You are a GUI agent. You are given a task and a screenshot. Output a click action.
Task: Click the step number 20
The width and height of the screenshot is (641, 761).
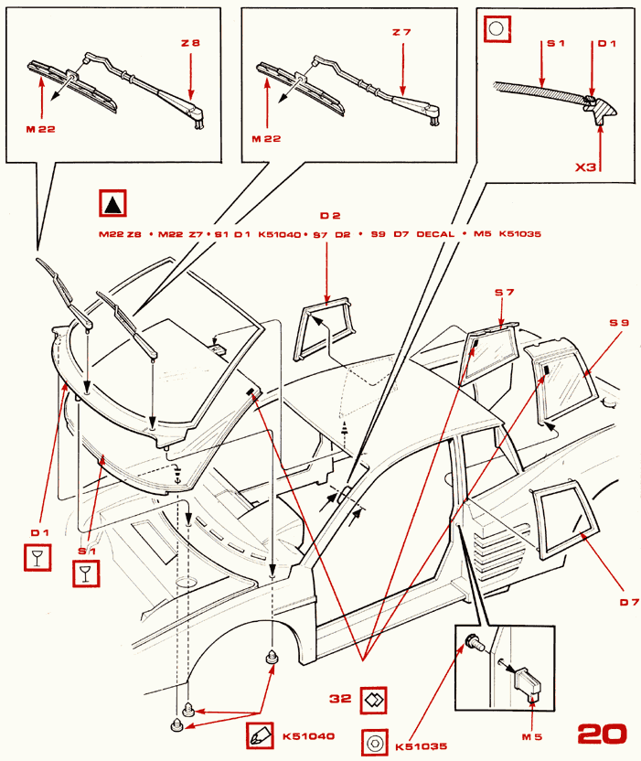click(603, 733)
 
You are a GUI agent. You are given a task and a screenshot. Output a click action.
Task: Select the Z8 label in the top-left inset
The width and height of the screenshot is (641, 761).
click(189, 42)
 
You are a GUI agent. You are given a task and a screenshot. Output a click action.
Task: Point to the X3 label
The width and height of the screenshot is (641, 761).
click(587, 168)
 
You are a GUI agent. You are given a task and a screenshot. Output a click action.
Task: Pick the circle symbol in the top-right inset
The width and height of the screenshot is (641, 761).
click(496, 29)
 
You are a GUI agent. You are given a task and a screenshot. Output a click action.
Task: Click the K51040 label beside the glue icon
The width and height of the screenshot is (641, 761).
click(309, 735)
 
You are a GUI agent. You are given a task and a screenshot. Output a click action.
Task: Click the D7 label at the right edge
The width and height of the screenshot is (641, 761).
click(628, 601)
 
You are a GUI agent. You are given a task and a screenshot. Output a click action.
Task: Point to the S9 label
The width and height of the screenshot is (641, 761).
click(620, 323)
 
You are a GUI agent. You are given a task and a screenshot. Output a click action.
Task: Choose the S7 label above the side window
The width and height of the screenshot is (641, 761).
click(505, 293)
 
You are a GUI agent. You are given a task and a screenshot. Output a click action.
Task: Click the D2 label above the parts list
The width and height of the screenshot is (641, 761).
click(330, 216)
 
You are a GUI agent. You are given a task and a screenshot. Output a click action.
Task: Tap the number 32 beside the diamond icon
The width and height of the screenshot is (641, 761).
click(341, 698)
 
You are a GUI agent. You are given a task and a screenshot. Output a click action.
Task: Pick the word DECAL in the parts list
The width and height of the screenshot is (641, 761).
click(435, 234)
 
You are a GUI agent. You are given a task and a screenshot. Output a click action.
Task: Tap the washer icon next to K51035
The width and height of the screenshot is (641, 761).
click(374, 743)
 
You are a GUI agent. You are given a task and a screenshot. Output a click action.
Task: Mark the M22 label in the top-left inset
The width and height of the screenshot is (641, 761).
click(40, 129)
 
